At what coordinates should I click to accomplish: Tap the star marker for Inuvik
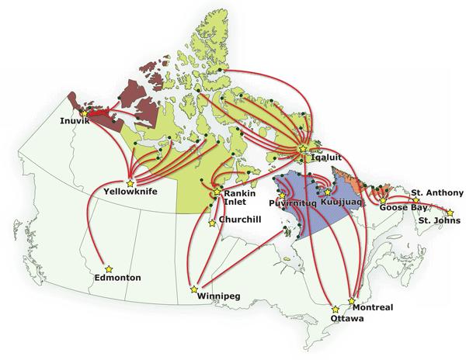[x=84, y=113]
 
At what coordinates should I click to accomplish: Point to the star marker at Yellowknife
[x=130, y=182]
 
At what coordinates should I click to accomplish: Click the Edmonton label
[x=117, y=277]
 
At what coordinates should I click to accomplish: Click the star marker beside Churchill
[x=212, y=223]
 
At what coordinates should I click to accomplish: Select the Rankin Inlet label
[x=235, y=199]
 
